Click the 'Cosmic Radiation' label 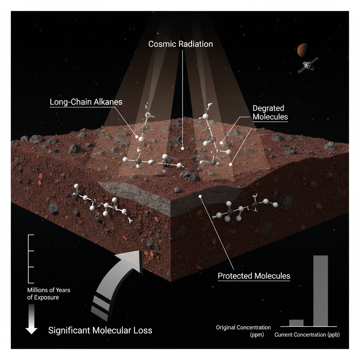(181, 44)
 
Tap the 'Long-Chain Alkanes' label (86, 102)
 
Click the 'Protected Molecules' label (254, 275)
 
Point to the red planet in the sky (302, 50)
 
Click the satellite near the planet (306, 65)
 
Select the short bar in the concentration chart (296, 323)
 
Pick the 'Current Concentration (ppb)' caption (307, 335)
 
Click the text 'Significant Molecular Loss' (100, 330)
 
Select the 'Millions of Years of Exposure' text (49, 294)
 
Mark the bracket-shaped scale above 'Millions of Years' (31, 258)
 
